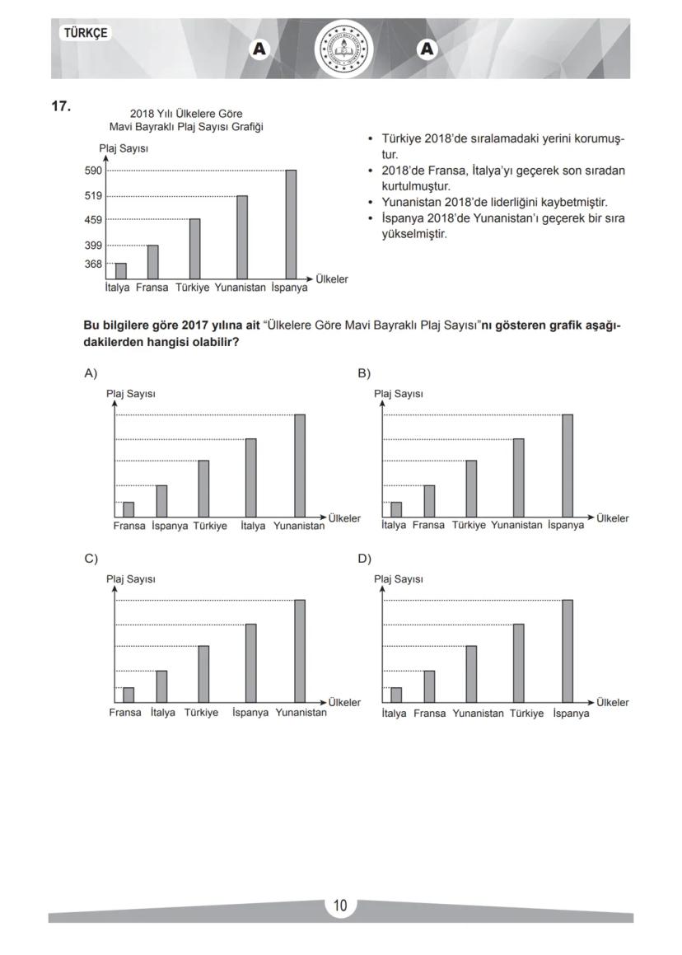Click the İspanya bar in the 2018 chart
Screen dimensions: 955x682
[x=291, y=225]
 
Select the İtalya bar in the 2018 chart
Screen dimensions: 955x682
[x=121, y=271]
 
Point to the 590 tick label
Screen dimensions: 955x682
[x=93, y=171]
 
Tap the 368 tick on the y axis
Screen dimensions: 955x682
[x=93, y=264]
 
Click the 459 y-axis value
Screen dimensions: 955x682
[x=93, y=219]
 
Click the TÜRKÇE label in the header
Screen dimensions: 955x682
[x=85, y=33]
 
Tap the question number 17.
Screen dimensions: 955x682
[x=61, y=106]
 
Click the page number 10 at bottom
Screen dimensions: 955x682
[x=340, y=906]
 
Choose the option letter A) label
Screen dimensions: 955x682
[x=91, y=373]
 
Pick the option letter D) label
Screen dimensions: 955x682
[x=364, y=559]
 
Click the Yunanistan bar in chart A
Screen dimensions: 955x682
[x=299, y=466]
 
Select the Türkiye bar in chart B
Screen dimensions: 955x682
[x=471, y=489]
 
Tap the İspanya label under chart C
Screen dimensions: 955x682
[x=250, y=713]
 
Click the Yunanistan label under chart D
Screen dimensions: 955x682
[x=478, y=714]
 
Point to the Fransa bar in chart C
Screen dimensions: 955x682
[x=128, y=695]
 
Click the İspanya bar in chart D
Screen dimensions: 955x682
[x=568, y=651]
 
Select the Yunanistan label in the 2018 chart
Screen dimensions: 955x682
[x=240, y=288]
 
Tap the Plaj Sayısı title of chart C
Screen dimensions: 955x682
[x=131, y=579]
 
